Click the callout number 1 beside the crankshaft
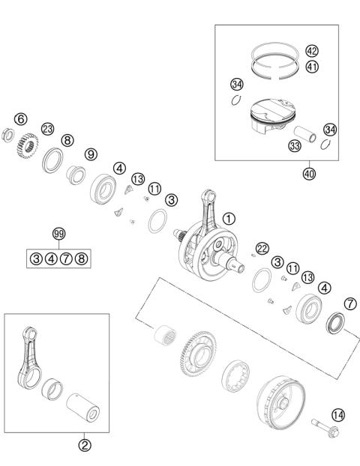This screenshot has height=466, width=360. [x=229, y=220]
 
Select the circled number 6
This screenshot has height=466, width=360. [x=21, y=119]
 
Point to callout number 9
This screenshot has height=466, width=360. [x=91, y=154]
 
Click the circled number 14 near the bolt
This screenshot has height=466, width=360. [x=338, y=414]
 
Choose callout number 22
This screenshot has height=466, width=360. [x=262, y=249]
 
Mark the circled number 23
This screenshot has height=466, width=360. [x=47, y=129]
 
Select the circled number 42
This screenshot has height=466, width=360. [x=312, y=51]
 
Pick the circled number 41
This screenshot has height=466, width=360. [x=312, y=66]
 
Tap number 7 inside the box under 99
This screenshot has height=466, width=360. [x=66, y=259]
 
